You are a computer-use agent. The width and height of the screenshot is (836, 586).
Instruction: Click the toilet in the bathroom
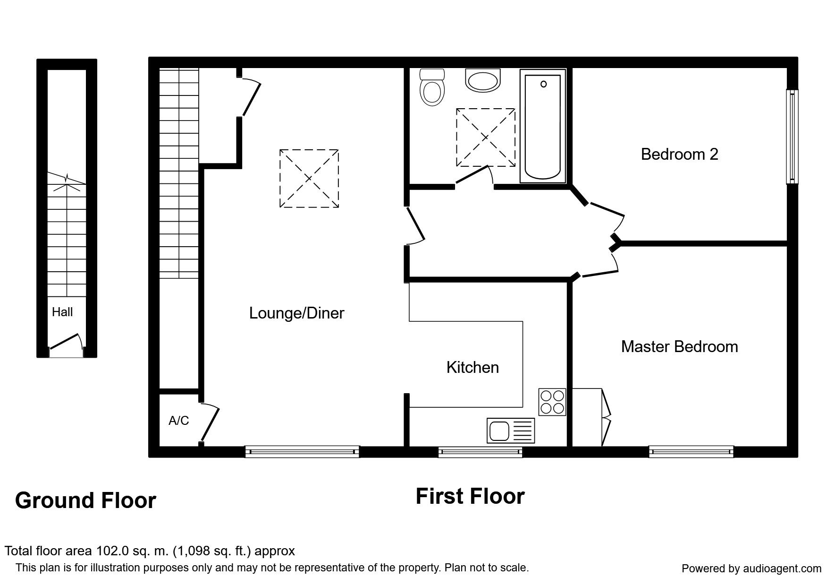(x=432, y=88)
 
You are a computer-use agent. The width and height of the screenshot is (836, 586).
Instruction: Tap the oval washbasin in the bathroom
(x=482, y=80)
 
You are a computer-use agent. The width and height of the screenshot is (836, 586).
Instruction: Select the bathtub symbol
(x=543, y=126)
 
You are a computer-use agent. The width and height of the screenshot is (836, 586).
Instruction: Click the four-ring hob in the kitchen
(x=552, y=402)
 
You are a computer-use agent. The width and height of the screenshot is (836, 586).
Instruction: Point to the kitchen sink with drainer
(x=511, y=431)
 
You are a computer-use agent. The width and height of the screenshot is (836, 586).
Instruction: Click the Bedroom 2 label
(x=679, y=154)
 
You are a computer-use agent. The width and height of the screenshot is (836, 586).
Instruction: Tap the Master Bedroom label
(x=679, y=346)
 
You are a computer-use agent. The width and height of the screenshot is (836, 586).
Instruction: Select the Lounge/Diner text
(x=296, y=313)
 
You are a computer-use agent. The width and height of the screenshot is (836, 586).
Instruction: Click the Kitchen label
(x=473, y=367)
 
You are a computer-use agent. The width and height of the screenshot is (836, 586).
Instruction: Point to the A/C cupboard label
(x=178, y=420)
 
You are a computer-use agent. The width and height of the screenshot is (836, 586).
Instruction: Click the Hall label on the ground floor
(x=62, y=312)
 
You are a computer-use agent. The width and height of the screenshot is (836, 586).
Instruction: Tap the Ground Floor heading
(x=85, y=500)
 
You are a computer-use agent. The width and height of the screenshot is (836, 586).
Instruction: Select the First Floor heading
(x=470, y=496)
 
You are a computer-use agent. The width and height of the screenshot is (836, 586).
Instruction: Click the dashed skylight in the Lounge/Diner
(x=309, y=178)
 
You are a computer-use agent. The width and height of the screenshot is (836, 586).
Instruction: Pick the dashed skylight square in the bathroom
(x=486, y=137)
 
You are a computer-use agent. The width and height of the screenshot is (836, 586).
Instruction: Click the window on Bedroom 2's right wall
(x=792, y=136)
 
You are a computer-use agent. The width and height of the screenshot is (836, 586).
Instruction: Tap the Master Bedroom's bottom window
(x=691, y=451)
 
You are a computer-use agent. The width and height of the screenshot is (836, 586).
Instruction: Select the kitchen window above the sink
(x=480, y=451)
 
